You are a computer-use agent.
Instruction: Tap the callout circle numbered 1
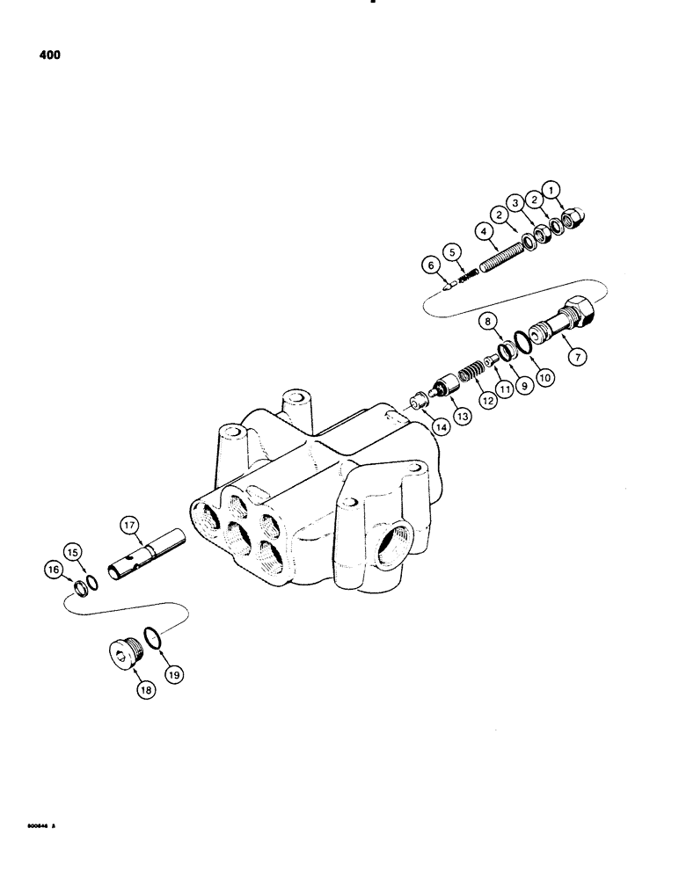pos(551,188)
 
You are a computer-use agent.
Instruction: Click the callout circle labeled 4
pos(483,233)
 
